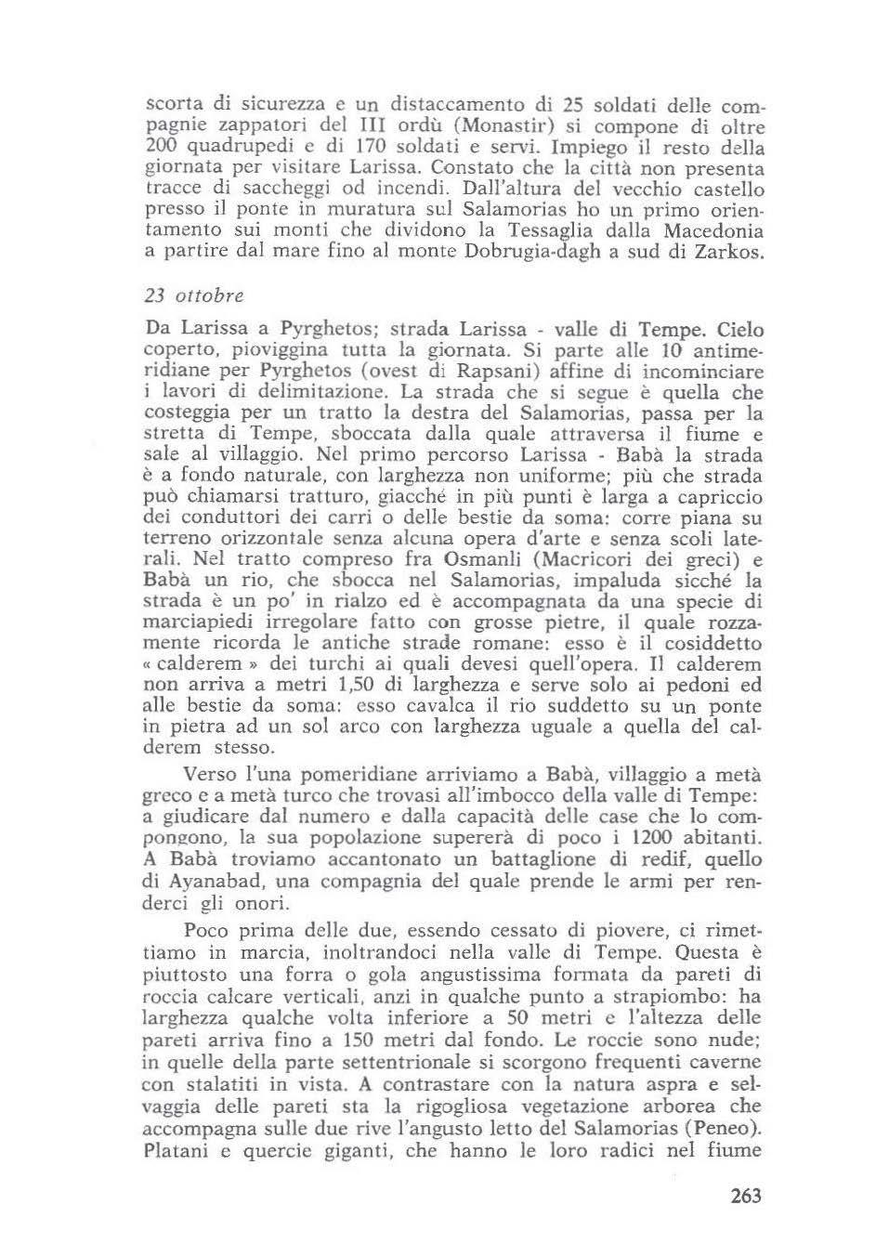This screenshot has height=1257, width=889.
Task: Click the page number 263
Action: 745,1195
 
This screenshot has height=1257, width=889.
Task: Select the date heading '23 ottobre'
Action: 194,295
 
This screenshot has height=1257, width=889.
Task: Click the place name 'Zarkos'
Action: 728,252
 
